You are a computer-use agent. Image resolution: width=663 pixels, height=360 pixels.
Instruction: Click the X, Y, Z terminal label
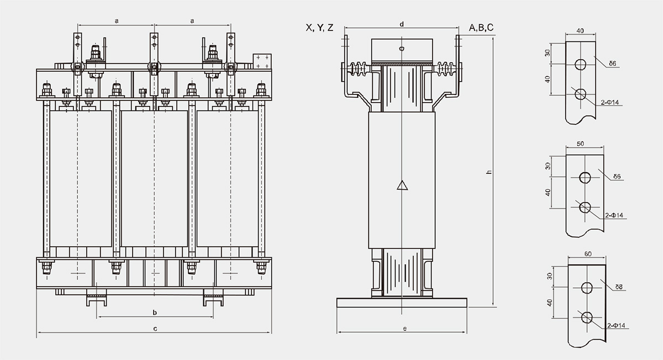[319, 28]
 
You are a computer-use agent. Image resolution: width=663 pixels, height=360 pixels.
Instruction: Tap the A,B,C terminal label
[481, 28]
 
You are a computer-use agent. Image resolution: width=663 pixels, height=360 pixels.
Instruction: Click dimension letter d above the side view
[402, 24]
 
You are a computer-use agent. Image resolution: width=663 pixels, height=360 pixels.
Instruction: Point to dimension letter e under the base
[404, 329]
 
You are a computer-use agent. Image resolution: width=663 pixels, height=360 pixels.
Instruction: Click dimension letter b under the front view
[155, 313]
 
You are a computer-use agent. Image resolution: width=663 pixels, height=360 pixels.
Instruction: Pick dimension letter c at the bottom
[155, 329]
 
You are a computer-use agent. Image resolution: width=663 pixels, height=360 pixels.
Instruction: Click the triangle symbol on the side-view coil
[402, 186]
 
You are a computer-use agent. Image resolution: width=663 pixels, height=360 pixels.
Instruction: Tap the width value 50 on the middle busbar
[581, 144]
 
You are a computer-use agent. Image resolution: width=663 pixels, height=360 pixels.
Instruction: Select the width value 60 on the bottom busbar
[588, 254]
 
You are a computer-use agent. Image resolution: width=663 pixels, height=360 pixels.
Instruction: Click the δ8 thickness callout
[619, 287]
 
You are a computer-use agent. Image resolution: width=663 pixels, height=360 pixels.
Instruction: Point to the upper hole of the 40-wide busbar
[581, 64]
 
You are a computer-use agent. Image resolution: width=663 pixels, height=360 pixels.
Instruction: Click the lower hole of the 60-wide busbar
[587, 317]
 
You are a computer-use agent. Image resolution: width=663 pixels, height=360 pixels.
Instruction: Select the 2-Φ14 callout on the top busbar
[610, 102]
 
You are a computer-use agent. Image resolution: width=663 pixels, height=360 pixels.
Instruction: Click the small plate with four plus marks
[262, 61]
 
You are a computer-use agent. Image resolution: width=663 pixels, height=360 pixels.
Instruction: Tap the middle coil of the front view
[155, 179]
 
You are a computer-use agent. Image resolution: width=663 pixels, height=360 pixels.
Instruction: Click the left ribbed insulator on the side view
[359, 69]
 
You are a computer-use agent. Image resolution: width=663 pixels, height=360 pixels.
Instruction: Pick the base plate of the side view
[402, 303]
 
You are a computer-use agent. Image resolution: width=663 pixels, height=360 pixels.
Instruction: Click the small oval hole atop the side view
[402, 49]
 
